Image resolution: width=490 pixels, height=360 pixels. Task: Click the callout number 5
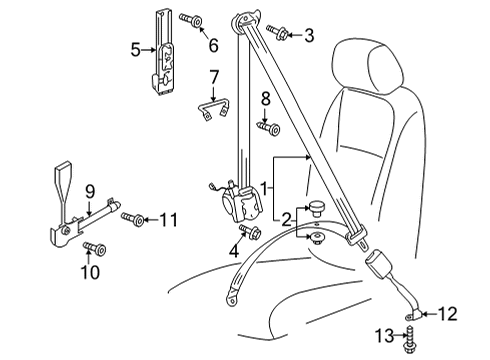pos(135,50)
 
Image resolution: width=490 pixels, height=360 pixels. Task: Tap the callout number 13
pos(385,336)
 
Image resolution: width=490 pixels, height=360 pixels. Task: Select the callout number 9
pos(90,191)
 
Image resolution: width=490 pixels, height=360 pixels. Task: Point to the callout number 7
pos(213,77)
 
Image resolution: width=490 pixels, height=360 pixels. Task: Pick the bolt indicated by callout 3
pos(277,32)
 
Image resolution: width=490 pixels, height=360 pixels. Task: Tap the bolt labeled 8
pos(269,128)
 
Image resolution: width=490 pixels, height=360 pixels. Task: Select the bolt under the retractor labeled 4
pos(250,230)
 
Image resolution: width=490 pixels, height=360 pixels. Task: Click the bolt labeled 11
pos(133,218)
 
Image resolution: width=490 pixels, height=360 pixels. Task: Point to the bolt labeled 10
pos(95,248)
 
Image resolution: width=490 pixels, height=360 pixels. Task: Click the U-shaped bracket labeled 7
pos(213,109)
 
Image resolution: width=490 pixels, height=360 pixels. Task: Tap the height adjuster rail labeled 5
pos(162,53)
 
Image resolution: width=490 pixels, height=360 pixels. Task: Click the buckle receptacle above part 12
pos(380,263)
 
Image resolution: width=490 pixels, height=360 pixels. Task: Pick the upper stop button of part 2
pos(315,207)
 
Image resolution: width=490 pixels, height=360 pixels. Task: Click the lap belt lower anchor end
pos(232,298)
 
